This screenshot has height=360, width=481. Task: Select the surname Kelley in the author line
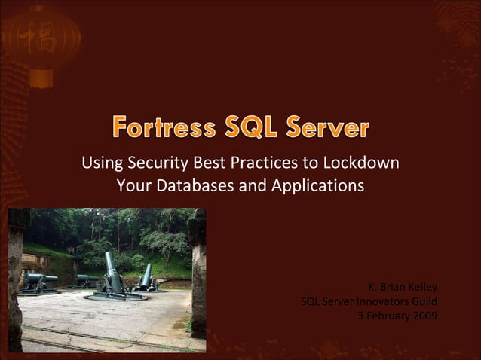tap(420, 287)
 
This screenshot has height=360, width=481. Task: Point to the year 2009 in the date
tap(423, 316)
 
